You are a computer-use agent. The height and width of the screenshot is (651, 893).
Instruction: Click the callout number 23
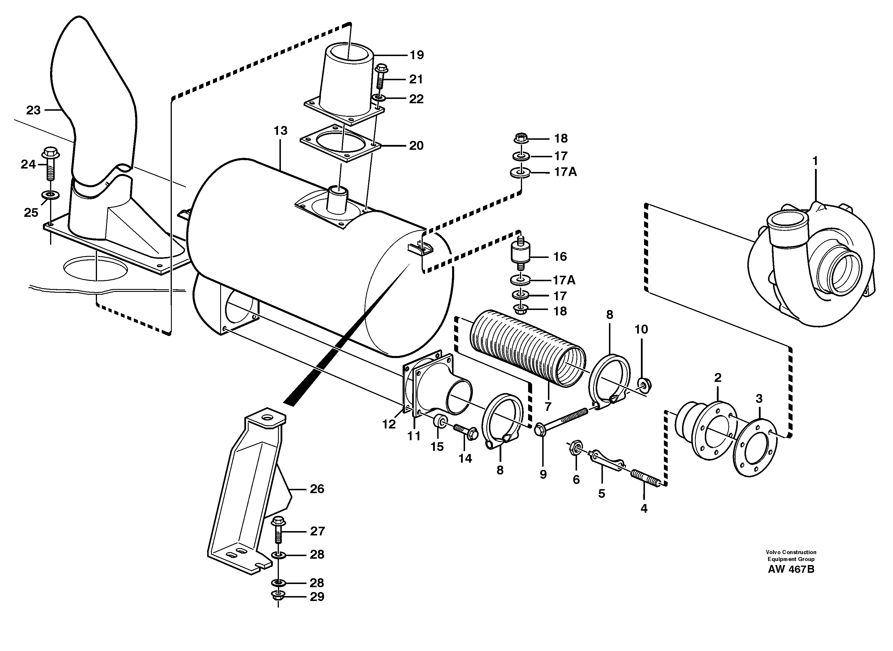(x=33, y=110)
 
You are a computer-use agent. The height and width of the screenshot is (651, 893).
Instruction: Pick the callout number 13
(x=280, y=131)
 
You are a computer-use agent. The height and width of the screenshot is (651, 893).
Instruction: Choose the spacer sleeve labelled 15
(x=439, y=421)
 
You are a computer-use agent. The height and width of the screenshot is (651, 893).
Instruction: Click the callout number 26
(x=317, y=489)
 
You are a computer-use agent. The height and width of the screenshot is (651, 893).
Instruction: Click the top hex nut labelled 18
(x=521, y=138)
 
